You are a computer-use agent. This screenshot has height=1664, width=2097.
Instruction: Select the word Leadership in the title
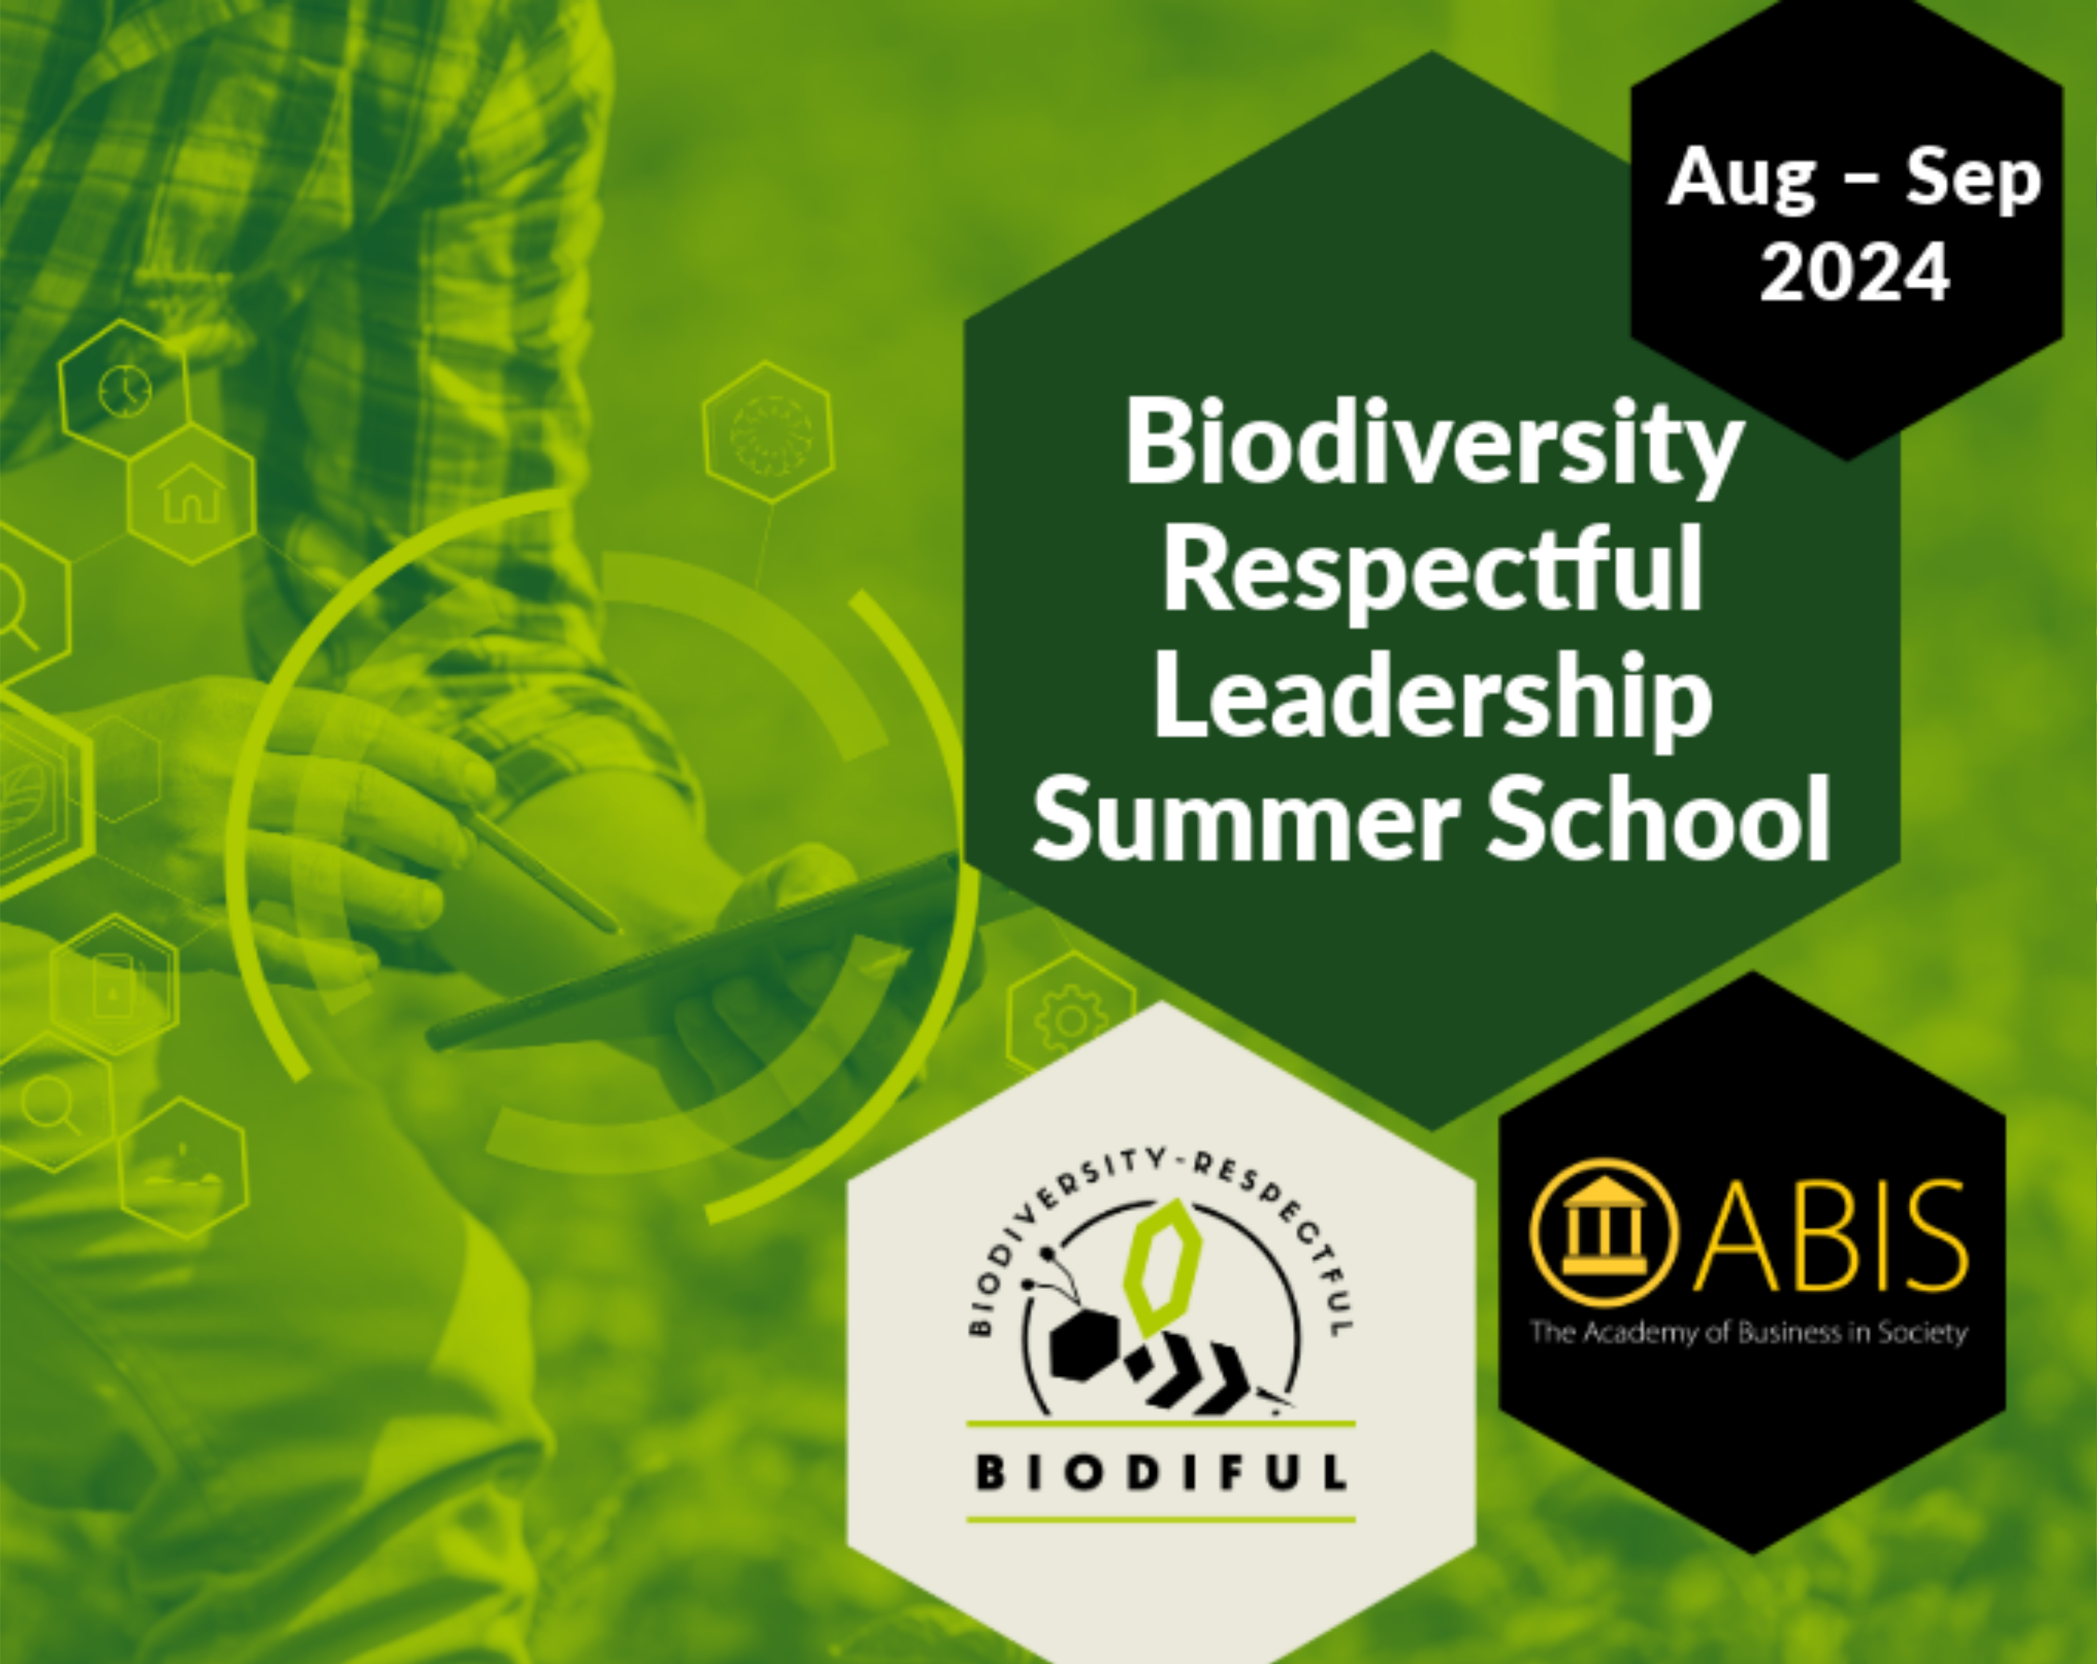click(1433, 702)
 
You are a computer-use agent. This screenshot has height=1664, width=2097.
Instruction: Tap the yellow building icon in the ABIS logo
click(1604, 1233)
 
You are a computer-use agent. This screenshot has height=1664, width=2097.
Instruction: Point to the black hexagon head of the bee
click(1087, 1344)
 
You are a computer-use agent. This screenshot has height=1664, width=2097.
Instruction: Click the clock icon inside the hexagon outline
click(124, 391)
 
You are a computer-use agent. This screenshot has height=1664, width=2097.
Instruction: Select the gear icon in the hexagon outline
click(1071, 1021)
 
